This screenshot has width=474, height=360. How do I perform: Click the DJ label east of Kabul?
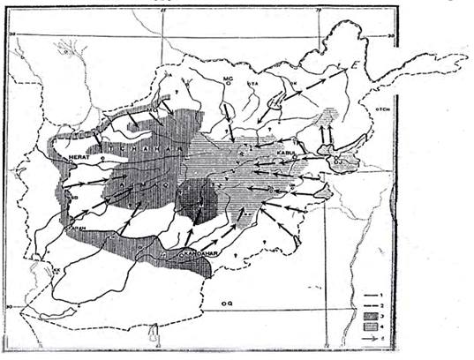(338, 161)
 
